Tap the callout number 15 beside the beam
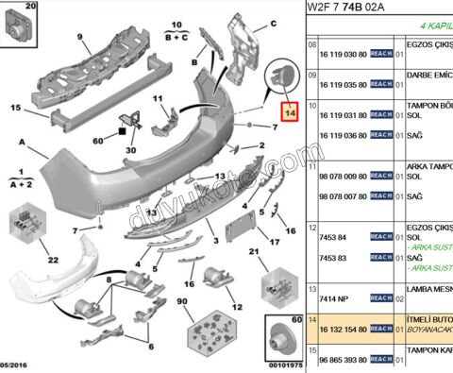pos(15,108)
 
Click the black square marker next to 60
pos(125,119)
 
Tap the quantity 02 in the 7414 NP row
pos(400,298)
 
